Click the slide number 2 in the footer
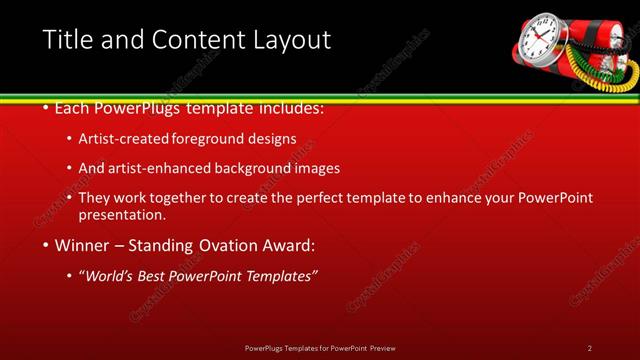pyautogui.click(x=590, y=348)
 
